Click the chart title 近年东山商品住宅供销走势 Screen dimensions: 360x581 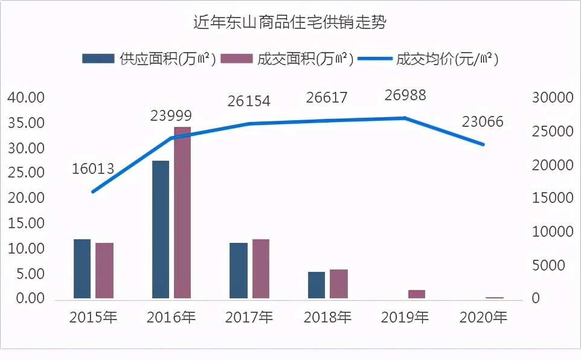(x=290, y=23)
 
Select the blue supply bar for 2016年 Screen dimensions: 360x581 (x=161, y=229)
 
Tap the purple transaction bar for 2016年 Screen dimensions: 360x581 (x=182, y=212)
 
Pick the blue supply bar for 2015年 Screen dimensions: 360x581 (x=82, y=268)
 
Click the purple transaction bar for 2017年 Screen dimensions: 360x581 (x=261, y=268)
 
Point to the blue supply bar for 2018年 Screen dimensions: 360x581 (x=316, y=284)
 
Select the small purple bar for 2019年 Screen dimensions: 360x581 (x=417, y=294)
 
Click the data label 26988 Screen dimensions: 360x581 (x=405, y=95)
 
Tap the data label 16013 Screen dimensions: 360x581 (x=93, y=169)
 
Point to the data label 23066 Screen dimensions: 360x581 (x=483, y=122)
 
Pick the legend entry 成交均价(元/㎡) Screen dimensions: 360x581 (x=428, y=59)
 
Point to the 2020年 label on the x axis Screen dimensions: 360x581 (x=483, y=317)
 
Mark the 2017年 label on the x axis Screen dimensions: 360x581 (x=249, y=317)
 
